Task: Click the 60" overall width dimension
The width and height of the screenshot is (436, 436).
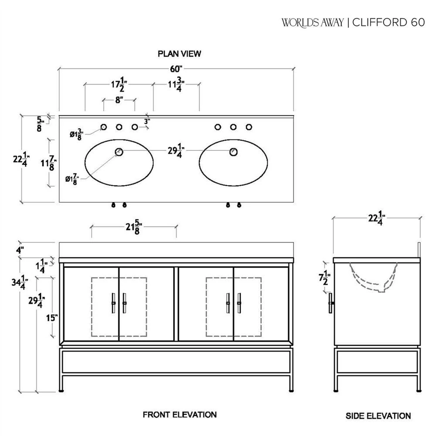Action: (176, 69)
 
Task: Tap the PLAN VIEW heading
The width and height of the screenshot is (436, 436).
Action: (180, 54)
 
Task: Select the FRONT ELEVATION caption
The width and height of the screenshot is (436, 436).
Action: (180, 414)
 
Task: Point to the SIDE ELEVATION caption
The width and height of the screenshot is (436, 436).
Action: (378, 416)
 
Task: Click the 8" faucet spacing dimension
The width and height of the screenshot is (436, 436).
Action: (119, 100)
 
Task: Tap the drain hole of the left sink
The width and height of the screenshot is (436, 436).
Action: (119, 152)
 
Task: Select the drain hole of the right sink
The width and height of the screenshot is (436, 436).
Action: (234, 152)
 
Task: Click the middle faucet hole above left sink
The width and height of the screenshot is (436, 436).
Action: (119, 127)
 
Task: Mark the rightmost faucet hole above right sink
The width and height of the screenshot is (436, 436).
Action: (249, 127)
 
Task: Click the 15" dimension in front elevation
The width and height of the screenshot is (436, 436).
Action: (52, 317)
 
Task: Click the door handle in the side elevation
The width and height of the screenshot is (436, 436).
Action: (331, 302)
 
